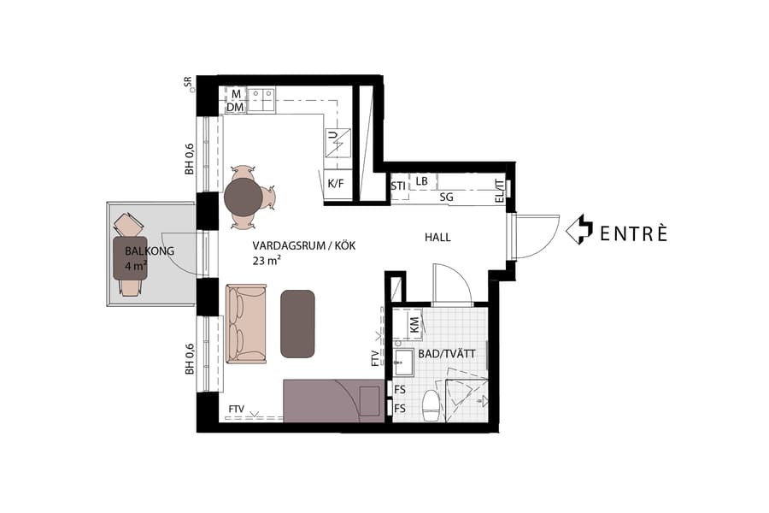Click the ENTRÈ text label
pyautogui.click(x=632, y=233)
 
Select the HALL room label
pyautogui.click(x=437, y=238)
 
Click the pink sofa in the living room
pyautogui.click(x=246, y=323)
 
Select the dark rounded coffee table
pyautogui.click(x=297, y=322)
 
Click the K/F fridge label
pyautogui.click(x=336, y=182)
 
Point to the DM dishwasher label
pyautogui.click(x=234, y=108)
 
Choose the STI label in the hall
pyautogui.click(x=398, y=186)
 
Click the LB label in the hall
pyautogui.click(x=422, y=181)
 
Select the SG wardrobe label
pyautogui.click(x=446, y=197)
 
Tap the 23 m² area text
pyautogui.click(x=268, y=261)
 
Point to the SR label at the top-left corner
pyautogui.click(x=188, y=82)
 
